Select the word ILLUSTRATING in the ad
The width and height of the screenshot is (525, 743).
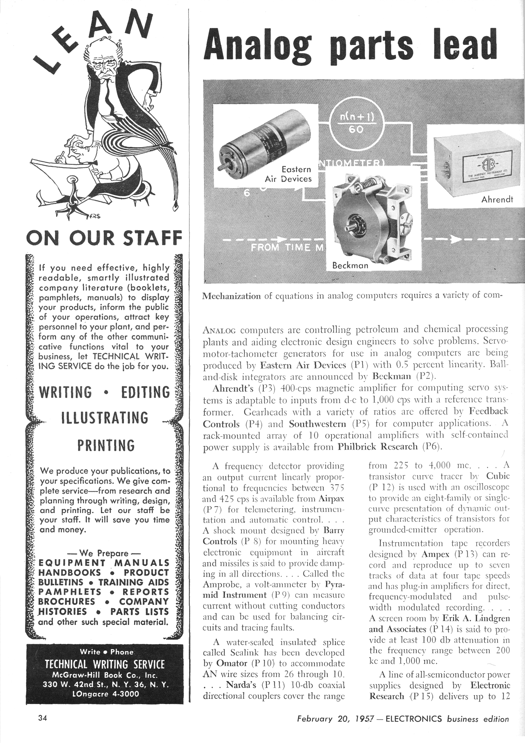[x=104, y=418]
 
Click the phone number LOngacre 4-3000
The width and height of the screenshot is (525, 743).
[x=105, y=694]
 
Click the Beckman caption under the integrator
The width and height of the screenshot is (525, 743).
[x=350, y=265]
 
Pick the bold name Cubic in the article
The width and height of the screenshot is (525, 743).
[x=498, y=476]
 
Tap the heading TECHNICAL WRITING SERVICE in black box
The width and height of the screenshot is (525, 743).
[x=105, y=664]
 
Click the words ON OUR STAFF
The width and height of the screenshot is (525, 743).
[x=104, y=239]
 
